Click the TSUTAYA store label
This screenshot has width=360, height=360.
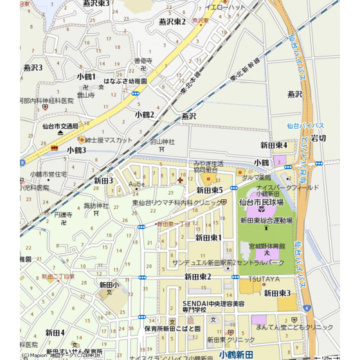pos(262,279)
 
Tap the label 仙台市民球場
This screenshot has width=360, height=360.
pos(261,202)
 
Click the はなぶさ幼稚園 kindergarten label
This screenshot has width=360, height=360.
pos(122,82)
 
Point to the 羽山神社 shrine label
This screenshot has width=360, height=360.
pos(162,141)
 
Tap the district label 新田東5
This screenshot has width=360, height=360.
pos(209,190)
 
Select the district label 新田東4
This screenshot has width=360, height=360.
pos(273,145)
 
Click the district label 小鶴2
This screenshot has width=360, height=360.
pos(145,114)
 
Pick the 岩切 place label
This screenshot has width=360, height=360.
pos(318,138)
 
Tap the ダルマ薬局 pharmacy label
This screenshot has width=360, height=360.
pos(256,177)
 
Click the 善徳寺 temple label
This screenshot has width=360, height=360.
pos(143,61)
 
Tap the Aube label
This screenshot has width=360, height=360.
pos(137,184)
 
